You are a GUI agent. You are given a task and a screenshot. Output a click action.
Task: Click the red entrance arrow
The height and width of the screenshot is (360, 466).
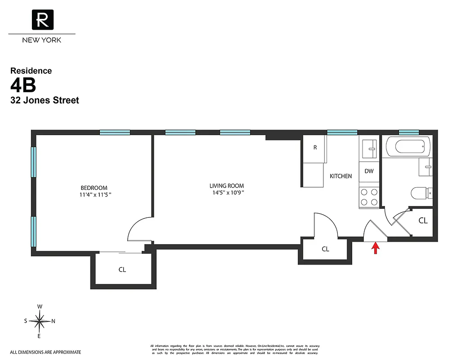tap(374, 248)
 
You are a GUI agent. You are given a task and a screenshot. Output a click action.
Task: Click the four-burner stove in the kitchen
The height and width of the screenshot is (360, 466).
tap(369, 197)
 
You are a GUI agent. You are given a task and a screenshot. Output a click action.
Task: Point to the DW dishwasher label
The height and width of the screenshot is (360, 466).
tap(369, 171)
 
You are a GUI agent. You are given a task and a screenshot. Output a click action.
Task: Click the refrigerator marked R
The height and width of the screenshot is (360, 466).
tap(315, 148)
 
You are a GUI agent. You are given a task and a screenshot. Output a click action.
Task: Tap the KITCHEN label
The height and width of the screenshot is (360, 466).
tap(341, 176)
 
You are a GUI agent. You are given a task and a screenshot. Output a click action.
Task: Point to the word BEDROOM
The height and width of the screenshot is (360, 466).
tap(94, 188)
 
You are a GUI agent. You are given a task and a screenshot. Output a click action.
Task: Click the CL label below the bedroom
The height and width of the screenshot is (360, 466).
tap(122, 270)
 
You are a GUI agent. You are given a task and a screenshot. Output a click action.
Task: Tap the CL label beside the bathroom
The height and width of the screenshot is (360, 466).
tap(423, 220)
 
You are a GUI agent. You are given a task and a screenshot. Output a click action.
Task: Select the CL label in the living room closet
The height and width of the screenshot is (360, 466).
tap(325, 249)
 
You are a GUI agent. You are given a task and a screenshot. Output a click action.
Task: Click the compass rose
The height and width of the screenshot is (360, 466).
tap(40, 321)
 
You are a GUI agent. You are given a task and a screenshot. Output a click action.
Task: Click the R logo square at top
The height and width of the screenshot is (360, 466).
tap(42, 20)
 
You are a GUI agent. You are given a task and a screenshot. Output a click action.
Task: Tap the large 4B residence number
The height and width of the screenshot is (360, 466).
tap(23, 85)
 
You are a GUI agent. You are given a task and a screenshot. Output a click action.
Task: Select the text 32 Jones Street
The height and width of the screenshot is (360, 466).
tap(45, 100)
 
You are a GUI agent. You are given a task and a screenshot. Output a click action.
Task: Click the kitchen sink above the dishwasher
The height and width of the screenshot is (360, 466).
tap(370, 148)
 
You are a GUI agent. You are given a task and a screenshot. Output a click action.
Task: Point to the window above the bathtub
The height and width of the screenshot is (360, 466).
tap(409, 132)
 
